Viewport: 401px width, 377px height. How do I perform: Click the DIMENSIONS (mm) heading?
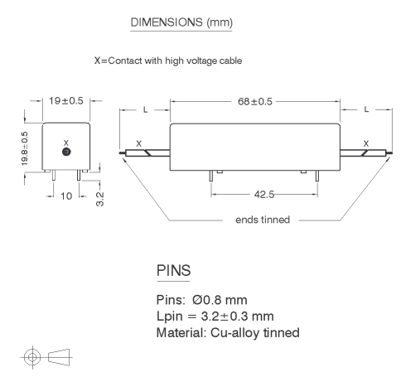tap(181, 22)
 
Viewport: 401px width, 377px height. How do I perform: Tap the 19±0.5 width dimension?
tap(66, 101)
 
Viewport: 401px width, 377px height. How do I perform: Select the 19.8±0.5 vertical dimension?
tap(25, 148)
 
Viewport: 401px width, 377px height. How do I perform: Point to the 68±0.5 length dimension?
tap(255, 102)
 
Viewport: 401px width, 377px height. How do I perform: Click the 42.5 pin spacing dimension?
tap(264, 195)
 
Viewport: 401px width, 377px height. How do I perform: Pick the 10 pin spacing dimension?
tap(66, 196)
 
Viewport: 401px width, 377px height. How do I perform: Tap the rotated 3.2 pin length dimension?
tap(99, 199)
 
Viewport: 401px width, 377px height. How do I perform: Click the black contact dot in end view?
tap(66, 152)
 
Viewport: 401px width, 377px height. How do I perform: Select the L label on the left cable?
tap(145, 110)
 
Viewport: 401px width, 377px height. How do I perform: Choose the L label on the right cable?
tap(366, 109)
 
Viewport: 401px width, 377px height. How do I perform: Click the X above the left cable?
tap(138, 143)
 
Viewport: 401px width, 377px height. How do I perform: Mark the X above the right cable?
tap(366, 143)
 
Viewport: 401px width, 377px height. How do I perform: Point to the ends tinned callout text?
tap(263, 220)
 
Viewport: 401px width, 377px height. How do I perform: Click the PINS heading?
tap(173, 270)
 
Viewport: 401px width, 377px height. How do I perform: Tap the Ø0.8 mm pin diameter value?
tap(220, 300)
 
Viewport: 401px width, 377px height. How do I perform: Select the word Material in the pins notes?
tap(181, 332)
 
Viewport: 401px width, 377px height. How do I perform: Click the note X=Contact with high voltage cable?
tap(168, 60)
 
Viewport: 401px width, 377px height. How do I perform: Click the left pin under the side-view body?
tap(211, 176)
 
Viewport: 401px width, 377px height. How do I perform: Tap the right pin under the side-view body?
tap(317, 176)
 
